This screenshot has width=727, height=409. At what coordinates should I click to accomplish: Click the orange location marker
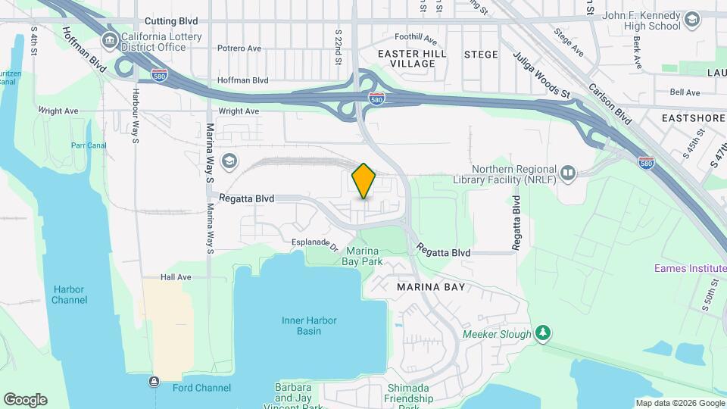[x=364, y=180]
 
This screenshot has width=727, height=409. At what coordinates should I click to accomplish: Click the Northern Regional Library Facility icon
[x=568, y=173]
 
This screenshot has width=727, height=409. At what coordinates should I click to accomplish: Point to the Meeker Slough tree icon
[x=542, y=333]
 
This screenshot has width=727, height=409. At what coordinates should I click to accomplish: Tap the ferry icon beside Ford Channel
[x=155, y=381]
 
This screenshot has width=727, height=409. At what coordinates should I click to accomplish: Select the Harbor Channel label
[x=70, y=295]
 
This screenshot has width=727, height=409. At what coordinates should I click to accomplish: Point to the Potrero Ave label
[x=239, y=48]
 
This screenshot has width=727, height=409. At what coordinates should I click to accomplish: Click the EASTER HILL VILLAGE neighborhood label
[x=407, y=58]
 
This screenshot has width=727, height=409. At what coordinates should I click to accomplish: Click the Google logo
[x=25, y=399]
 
